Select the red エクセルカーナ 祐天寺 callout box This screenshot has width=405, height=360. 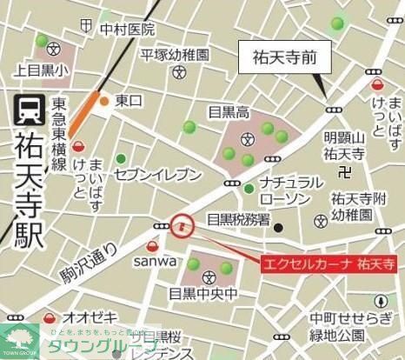[329, 263]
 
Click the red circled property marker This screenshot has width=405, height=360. [182, 226]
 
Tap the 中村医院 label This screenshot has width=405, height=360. [127, 30]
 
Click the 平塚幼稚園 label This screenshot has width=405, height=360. [176, 54]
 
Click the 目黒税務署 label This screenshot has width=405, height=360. [237, 219]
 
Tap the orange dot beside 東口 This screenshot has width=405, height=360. [104, 101]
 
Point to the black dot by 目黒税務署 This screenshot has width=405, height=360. [278, 228]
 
